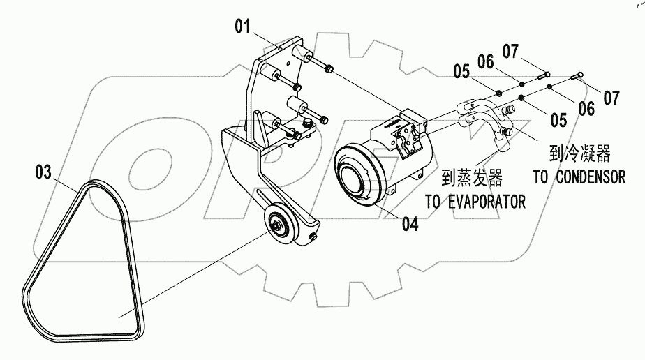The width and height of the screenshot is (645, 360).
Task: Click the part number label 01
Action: (x=242, y=27)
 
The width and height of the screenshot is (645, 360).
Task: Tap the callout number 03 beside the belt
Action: (x=43, y=172)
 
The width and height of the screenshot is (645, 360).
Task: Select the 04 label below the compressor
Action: (x=410, y=225)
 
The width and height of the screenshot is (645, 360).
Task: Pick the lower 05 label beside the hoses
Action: (x=558, y=120)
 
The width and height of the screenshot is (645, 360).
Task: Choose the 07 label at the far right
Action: (x=611, y=98)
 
